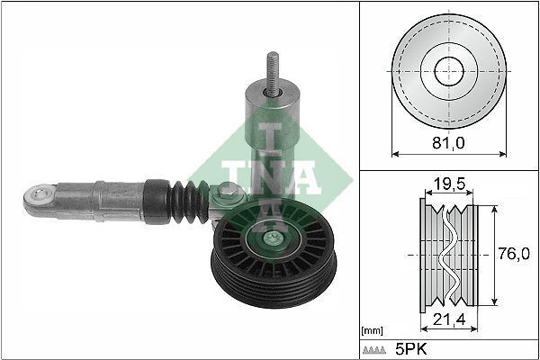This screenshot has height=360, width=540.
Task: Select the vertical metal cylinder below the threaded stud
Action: pos(270,126)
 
